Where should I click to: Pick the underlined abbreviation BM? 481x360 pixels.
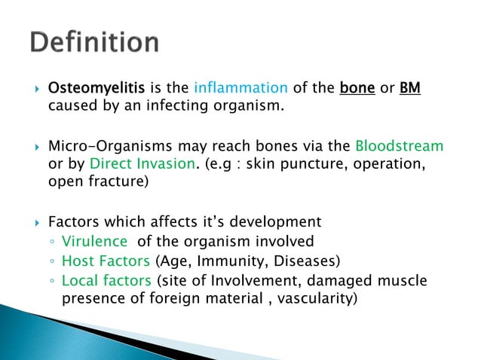pos(410,89)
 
